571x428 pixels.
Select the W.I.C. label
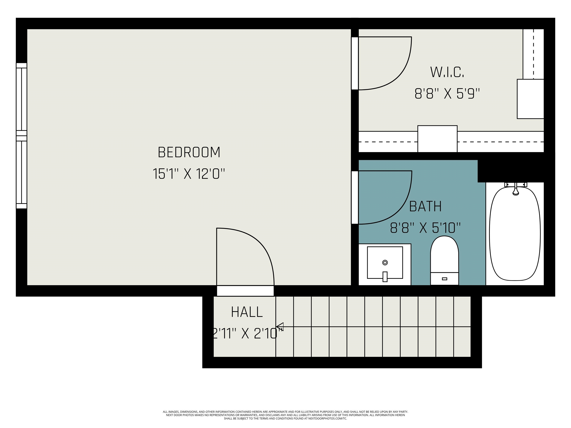[x=447, y=72]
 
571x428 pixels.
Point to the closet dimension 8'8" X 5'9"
[x=447, y=94]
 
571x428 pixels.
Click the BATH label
[x=425, y=206]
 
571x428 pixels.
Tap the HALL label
[x=247, y=312]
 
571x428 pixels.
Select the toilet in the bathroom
[x=444, y=261]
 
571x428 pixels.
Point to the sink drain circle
[x=385, y=263]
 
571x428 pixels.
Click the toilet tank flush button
[x=444, y=279]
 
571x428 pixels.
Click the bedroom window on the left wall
[x=21, y=136]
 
